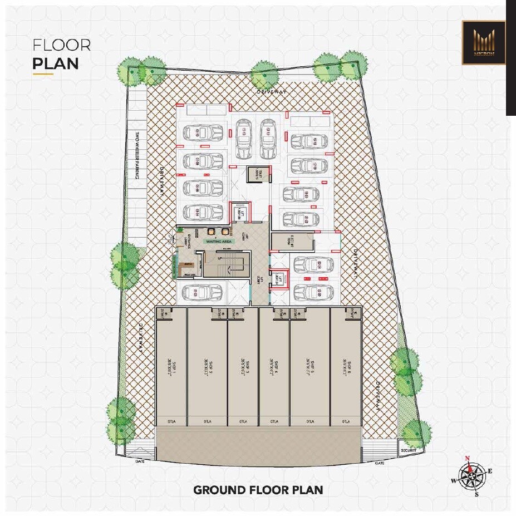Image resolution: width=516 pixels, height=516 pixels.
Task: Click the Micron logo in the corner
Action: pos(483,43)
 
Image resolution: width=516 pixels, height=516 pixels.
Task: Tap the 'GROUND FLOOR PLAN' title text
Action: pos(258,490)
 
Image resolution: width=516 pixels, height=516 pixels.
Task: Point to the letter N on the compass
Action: pos(468,459)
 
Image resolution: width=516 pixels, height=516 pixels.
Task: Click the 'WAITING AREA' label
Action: pos(219,241)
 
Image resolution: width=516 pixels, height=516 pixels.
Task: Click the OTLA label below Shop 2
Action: pos(207,421)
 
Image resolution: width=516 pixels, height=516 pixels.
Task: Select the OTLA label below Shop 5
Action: pos(309,421)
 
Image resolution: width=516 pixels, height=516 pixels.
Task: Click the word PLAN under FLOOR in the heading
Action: pos(55,62)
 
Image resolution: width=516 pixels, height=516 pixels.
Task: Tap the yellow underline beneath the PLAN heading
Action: pos(43,73)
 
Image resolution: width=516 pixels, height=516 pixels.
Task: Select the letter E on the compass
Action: pos(489,471)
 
